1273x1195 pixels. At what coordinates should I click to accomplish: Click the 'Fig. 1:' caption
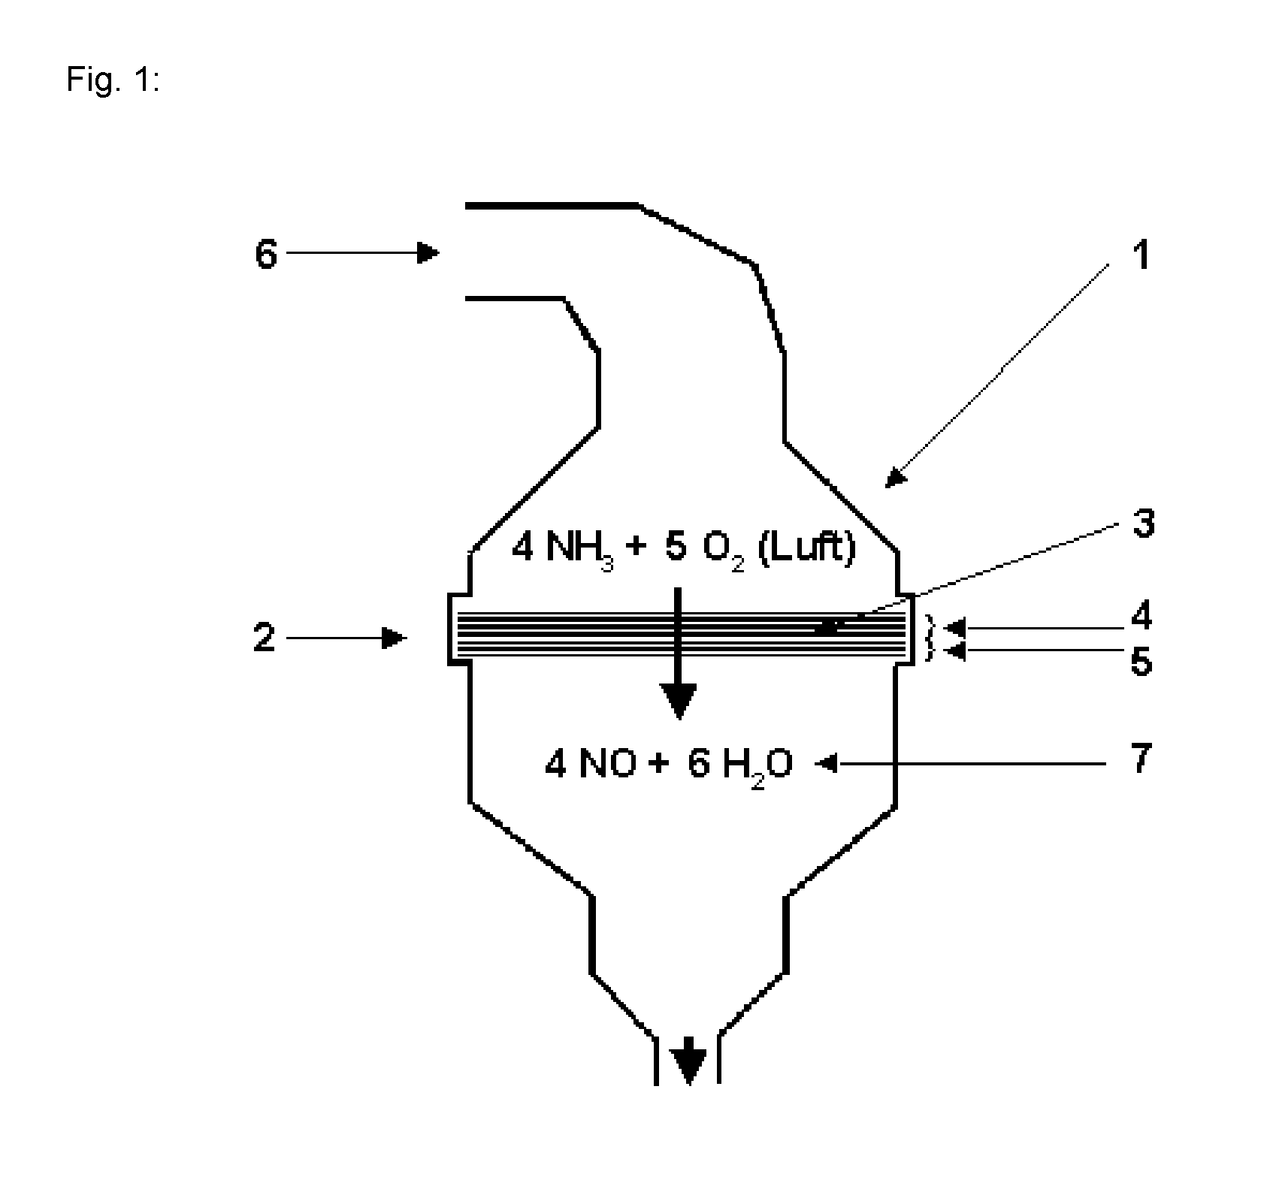point(113,78)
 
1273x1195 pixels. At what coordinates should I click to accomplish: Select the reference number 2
point(265,638)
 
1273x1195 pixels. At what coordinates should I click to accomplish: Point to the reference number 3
point(1142,524)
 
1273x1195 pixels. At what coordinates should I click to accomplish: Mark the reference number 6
point(266,255)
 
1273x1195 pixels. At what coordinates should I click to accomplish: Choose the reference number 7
point(1141,759)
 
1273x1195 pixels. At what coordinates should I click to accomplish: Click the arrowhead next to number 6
point(428,253)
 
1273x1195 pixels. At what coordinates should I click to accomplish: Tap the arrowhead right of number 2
point(395,638)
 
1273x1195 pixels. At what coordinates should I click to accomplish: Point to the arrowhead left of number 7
point(827,765)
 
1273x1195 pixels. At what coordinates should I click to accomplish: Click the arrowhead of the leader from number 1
point(894,478)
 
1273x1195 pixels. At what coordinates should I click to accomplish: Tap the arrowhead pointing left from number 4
point(954,626)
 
